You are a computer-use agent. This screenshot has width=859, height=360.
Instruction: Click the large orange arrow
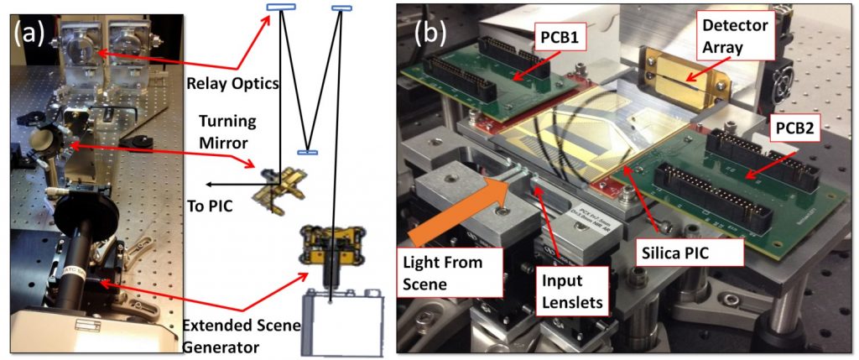(457, 209)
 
